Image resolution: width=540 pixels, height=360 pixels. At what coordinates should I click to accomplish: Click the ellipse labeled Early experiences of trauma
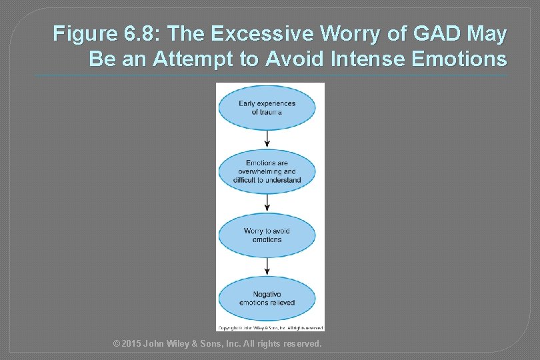267,108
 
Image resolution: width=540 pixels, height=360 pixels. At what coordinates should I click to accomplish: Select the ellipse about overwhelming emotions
267,171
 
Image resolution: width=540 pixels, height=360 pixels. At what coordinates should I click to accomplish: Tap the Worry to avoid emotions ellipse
267,235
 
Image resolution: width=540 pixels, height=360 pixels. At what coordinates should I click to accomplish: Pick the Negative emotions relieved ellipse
267,298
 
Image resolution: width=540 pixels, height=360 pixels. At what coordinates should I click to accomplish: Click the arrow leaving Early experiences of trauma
267,139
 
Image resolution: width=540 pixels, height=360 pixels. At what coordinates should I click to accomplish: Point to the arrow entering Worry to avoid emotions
267,203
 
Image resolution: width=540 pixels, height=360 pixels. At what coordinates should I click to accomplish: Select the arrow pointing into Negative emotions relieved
267,266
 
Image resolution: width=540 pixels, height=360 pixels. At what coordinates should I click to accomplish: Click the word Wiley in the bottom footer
189,344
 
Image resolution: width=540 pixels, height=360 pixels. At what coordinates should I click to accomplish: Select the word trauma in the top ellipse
267,112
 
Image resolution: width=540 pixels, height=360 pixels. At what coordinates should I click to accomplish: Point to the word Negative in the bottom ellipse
267,294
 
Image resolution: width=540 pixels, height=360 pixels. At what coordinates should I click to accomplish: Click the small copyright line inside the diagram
270,327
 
